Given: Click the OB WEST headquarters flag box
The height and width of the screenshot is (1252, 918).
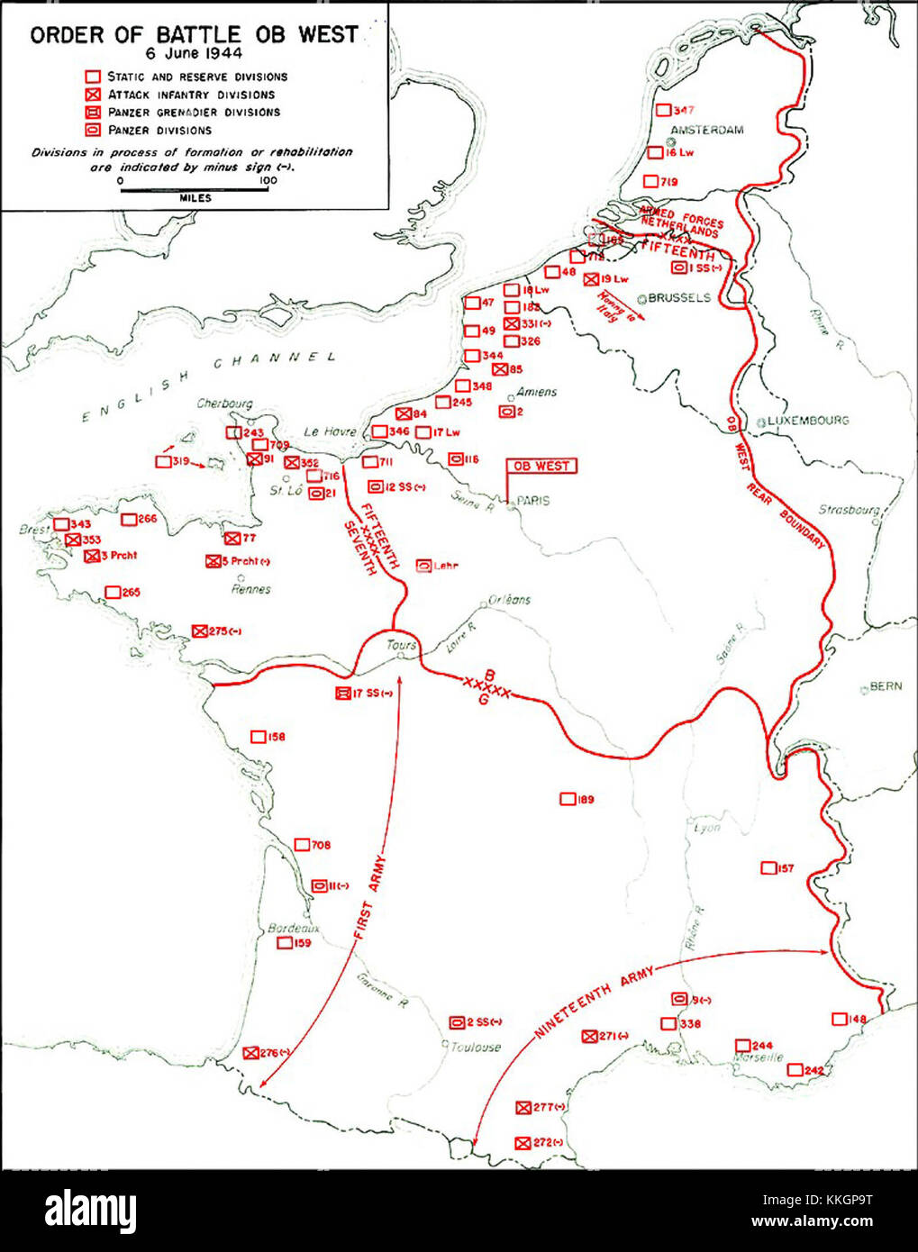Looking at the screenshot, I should [541, 466].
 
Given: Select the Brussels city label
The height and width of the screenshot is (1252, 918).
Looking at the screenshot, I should [679, 298].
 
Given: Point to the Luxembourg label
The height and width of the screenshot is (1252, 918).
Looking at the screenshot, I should [807, 421].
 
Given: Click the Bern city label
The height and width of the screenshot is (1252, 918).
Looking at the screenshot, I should [885, 687].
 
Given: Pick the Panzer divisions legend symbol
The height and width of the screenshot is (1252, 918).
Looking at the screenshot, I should [92, 130].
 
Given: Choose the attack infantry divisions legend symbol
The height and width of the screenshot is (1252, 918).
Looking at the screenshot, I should [92, 95].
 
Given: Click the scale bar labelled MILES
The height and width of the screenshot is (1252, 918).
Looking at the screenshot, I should [194, 190].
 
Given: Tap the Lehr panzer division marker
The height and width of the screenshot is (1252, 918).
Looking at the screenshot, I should [423, 566].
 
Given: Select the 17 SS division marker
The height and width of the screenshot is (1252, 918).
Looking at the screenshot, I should [342, 694].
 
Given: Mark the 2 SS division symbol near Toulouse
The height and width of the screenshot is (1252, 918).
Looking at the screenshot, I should [457, 1022].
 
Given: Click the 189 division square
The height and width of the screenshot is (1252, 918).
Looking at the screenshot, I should [568, 799].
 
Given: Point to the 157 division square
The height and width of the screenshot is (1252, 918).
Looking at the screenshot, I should [768, 868].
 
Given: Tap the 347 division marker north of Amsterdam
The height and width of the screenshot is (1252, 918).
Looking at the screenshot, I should [663, 110].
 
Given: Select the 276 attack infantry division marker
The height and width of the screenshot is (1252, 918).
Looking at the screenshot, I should [251, 1052].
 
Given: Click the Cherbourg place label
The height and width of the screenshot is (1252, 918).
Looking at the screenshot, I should [224, 404].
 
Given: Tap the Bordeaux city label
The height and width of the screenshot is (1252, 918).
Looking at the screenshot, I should [294, 929].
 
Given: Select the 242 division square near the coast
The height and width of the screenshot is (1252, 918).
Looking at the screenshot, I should [795, 1070].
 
